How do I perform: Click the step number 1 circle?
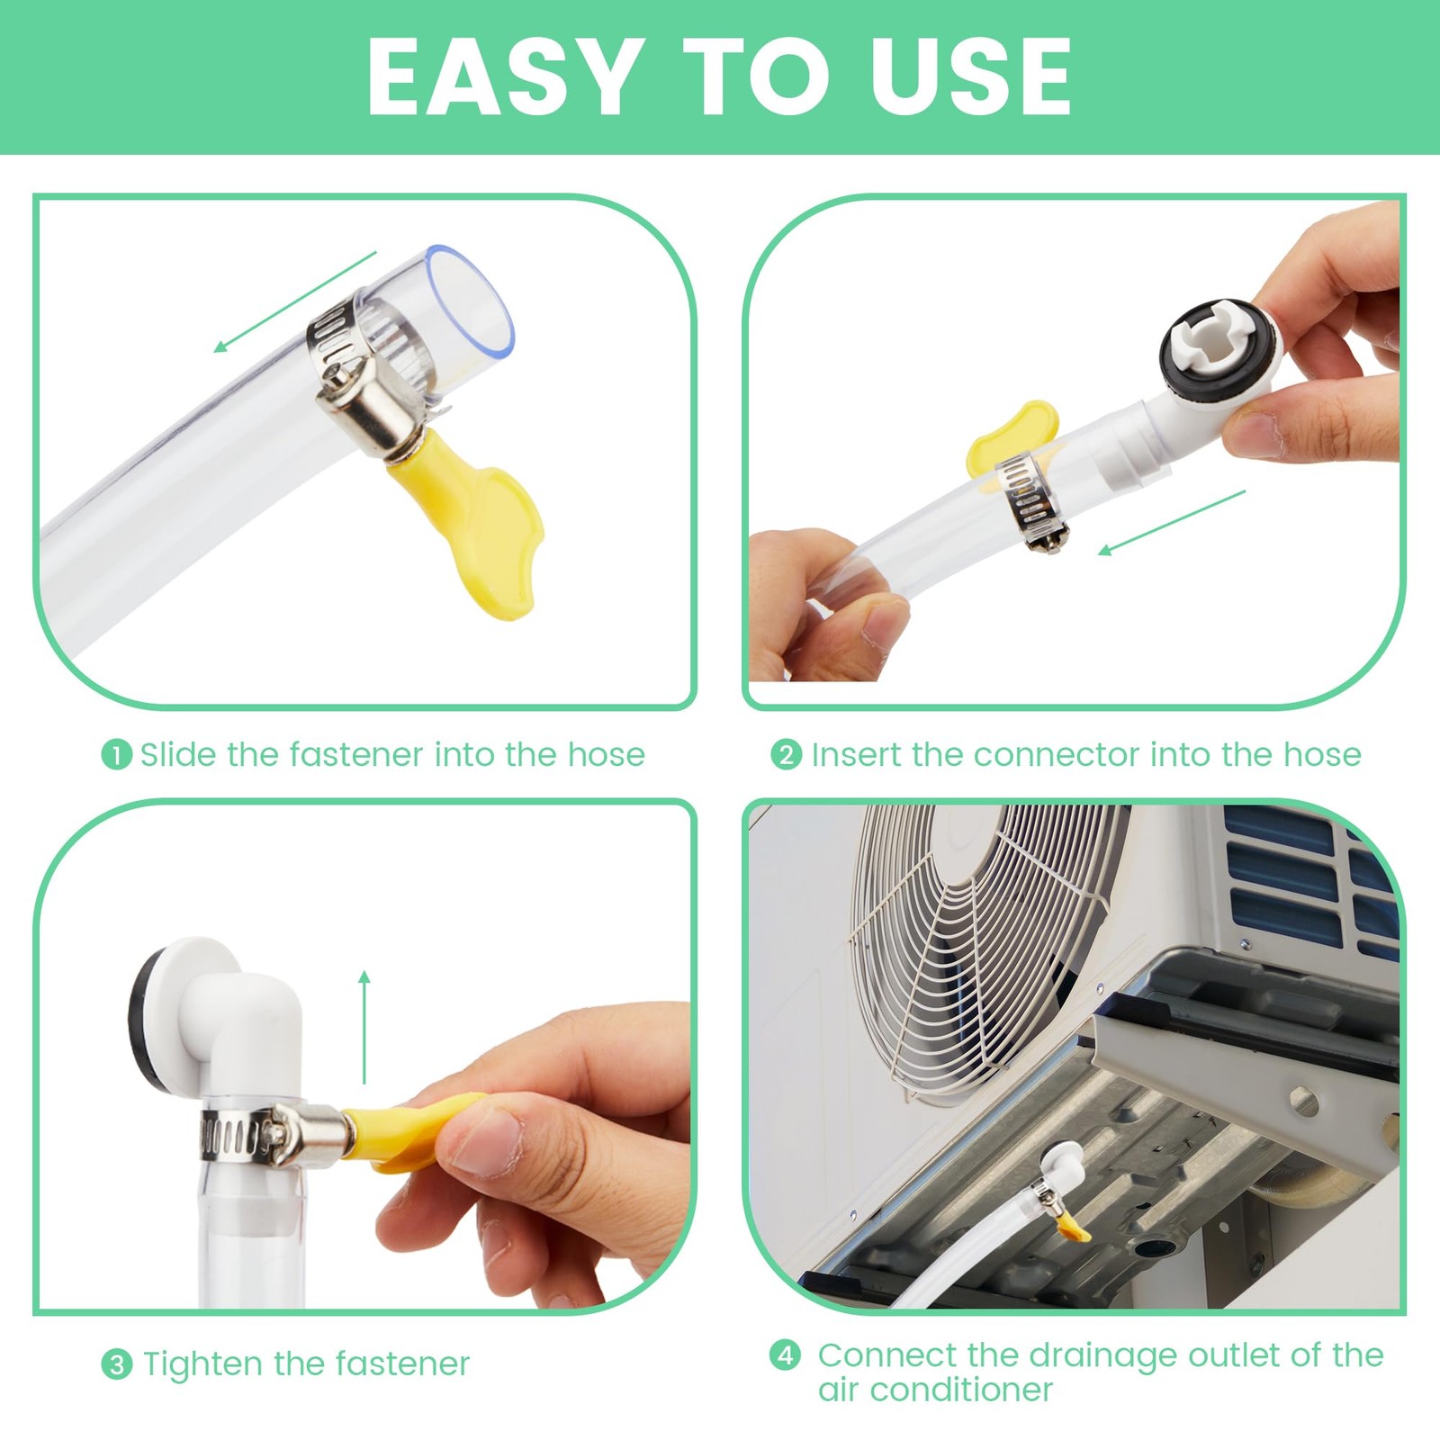[116, 754]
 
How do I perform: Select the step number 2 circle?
[786, 754]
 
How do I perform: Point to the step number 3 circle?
[116, 1364]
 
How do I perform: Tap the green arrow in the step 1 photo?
[294, 302]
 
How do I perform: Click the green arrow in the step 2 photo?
[1172, 523]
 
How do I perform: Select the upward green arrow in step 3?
[364, 1027]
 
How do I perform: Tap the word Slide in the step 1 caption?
[179, 753]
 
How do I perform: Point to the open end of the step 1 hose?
[470, 298]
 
